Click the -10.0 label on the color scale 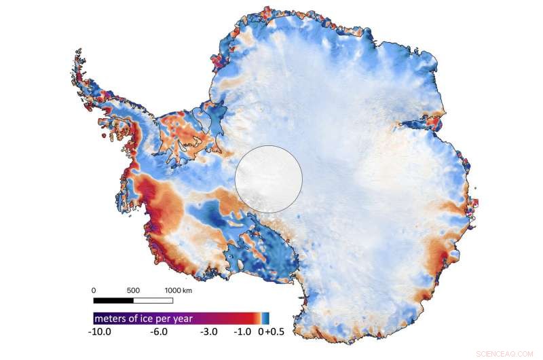point(103,333)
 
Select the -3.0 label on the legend point(208,333)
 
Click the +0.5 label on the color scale point(269,333)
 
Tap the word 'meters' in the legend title point(110,318)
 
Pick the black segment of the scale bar point(113,300)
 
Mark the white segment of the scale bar point(153,300)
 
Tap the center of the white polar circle point(269,179)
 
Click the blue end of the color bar point(267,318)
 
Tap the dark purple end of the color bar point(96,318)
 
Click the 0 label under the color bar point(259,333)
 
